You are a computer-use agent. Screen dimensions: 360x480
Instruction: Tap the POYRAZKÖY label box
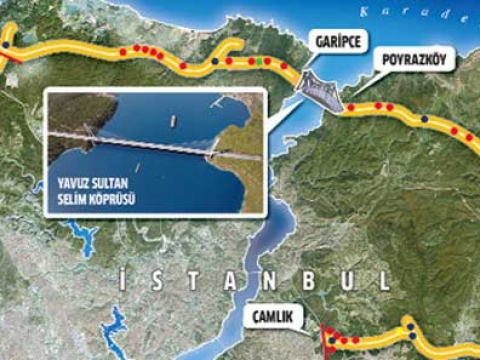pos(413,60)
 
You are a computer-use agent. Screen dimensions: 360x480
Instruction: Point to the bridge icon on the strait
pos(319,91)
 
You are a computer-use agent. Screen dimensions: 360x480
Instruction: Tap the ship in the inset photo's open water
pos(172,120)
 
